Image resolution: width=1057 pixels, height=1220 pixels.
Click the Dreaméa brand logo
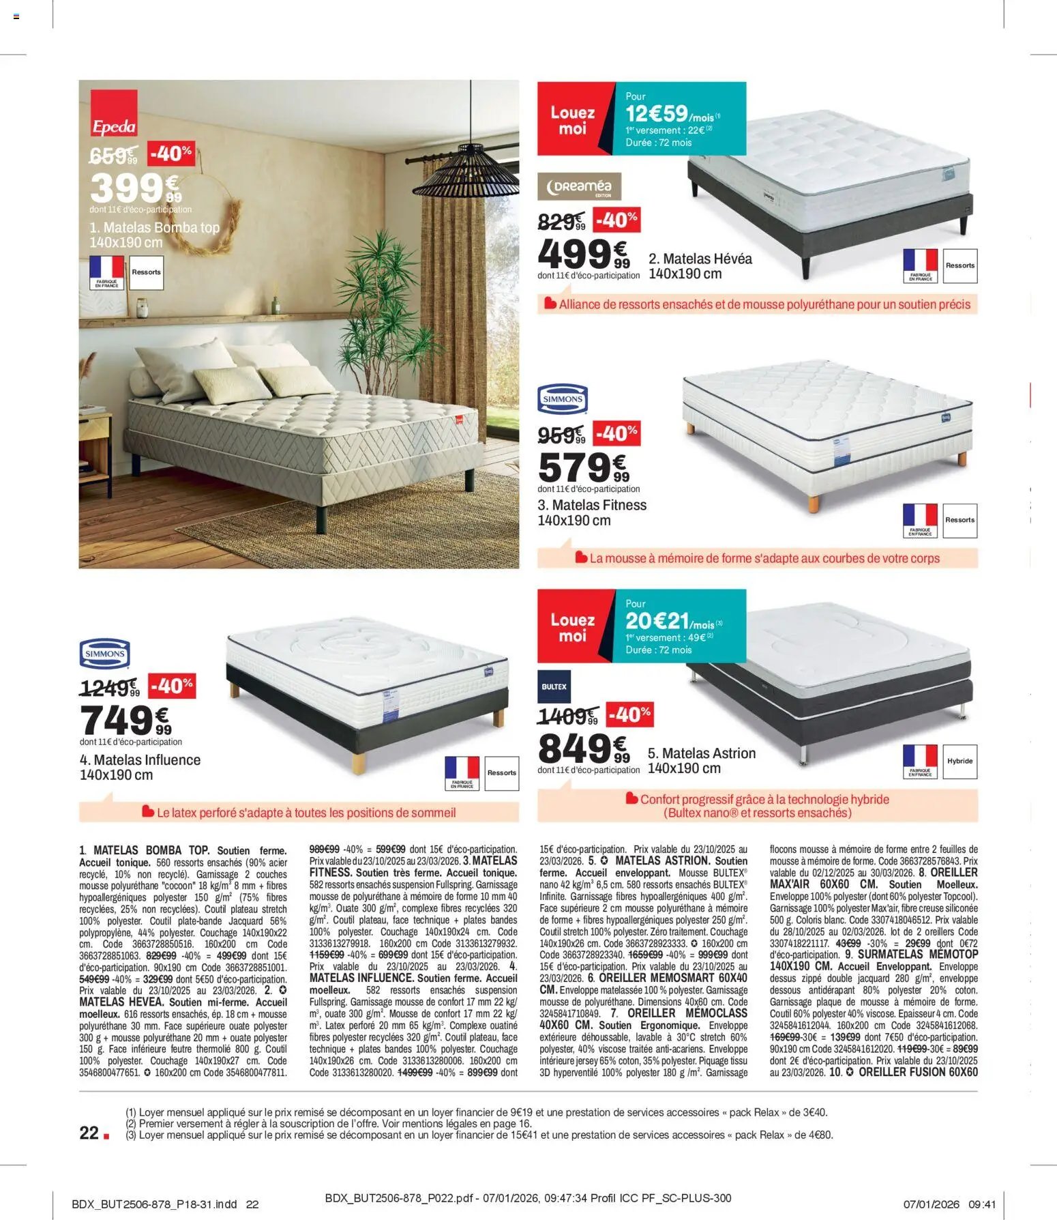[x=579, y=186]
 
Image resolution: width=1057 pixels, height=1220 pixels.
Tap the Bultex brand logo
[x=554, y=686]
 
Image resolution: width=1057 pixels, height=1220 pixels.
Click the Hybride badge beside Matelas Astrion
[x=959, y=761]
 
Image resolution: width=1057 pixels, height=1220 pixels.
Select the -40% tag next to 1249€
[x=172, y=685]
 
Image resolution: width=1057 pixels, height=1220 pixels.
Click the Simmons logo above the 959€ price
[x=563, y=399]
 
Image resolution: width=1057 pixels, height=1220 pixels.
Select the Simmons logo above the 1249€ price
[x=104, y=653]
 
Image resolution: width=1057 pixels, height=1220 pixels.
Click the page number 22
[x=89, y=1133]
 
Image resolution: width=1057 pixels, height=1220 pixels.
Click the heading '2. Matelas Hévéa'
[x=700, y=259]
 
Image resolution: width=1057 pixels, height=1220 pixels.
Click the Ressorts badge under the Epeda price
[x=146, y=272]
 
